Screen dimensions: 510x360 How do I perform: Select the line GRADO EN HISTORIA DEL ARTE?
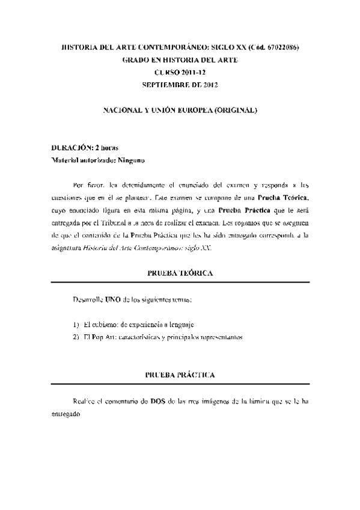[x=180, y=60]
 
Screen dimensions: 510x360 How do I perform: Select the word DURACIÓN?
[x=71, y=148]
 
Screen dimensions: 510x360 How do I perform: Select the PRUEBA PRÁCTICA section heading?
[x=180, y=375]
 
